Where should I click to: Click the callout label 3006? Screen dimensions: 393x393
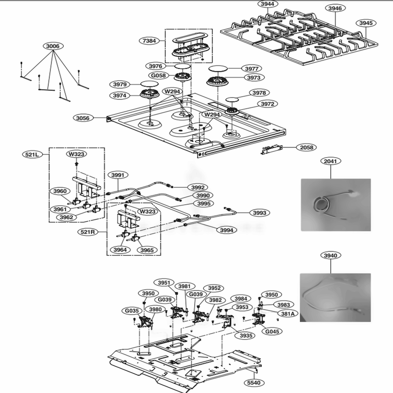pyautogui.click(x=53, y=46)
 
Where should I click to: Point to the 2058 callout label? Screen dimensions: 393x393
pyautogui.click(x=307, y=147)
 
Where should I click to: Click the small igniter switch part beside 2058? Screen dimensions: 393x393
pyautogui.click(x=272, y=150)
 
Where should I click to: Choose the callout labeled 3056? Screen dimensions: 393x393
pyautogui.click(x=83, y=118)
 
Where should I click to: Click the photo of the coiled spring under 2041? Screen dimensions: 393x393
pyautogui.click(x=335, y=205)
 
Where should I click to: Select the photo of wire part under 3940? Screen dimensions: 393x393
pyautogui.click(x=335, y=298)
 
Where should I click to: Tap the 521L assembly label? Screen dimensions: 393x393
pyautogui.click(x=31, y=155)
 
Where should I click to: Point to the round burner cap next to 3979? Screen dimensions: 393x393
pyautogui.click(x=148, y=84)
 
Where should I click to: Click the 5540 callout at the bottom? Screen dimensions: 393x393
pyautogui.click(x=254, y=382)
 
